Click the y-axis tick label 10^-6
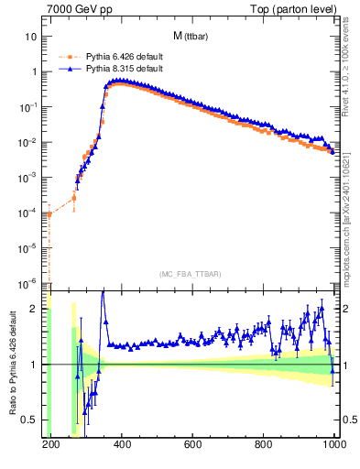pos(27,282)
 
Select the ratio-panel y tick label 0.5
pos(29,420)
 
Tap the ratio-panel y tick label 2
pos(35,309)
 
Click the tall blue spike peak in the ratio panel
pos(103,292)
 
